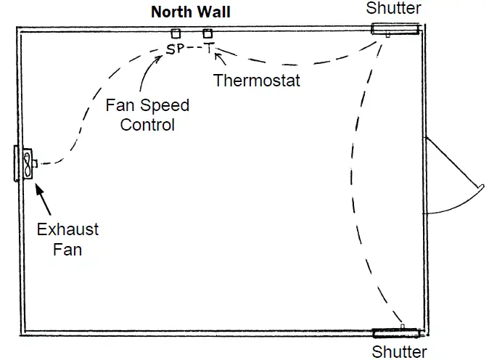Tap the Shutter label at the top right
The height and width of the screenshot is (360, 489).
pyautogui.click(x=393, y=8)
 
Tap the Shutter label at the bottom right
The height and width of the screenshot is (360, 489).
pyautogui.click(x=399, y=352)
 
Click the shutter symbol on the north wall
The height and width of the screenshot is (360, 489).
pyautogui.click(x=396, y=29)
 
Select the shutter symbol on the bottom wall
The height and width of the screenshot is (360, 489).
pyautogui.click(x=396, y=333)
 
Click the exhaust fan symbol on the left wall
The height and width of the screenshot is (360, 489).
pyautogui.click(x=26, y=164)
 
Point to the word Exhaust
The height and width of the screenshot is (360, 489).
pyautogui.click(x=67, y=230)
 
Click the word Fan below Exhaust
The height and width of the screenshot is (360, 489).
pyautogui.click(x=67, y=250)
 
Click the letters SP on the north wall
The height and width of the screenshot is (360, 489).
pyautogui.click(x=175, y=49)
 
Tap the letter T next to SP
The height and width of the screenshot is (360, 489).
pyautogui.click(x=209, y=49)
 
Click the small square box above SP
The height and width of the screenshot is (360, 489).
pyautogui.click(x=176, y=33)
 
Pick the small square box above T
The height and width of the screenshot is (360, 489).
pyautogui.click(x=208, y=33)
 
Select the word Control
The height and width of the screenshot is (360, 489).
pyautogui.click(x=147, y=125)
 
